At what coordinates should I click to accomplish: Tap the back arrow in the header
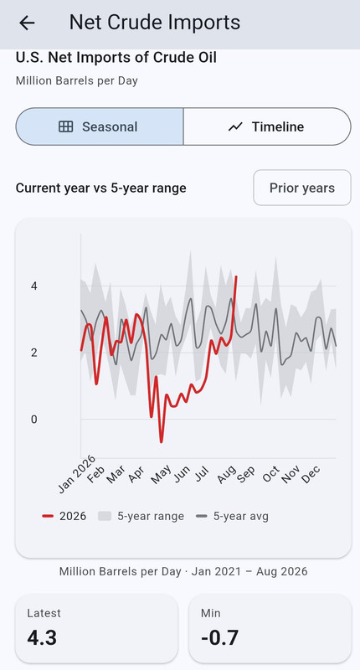coord(27,23)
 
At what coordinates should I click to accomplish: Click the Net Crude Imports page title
coord(155,23)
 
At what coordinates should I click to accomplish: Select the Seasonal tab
coord(100,126)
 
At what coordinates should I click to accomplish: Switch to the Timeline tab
coord(267,126)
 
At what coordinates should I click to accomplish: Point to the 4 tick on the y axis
coord(34,286)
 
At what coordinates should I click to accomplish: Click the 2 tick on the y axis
coord(34,353)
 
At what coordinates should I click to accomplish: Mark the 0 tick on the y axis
coord(34,420)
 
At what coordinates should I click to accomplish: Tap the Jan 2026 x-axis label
coord(77,474)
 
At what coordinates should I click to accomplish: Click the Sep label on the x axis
coord(246,474)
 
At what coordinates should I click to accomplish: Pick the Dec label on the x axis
coord(311,474)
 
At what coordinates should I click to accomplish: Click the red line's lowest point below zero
coord(161,442)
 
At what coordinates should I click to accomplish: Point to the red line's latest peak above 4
coord(236,277)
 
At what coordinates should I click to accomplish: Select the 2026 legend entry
coord(64,516)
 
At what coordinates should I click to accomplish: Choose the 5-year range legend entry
coord(141,516)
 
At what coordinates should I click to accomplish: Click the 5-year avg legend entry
coord(232,516)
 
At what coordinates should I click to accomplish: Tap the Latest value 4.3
coord(42,638)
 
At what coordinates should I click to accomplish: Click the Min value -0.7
coord(219,638)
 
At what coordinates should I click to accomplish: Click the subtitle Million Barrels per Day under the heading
coord(77,80)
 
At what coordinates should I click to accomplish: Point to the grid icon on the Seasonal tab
coord(66,126)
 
